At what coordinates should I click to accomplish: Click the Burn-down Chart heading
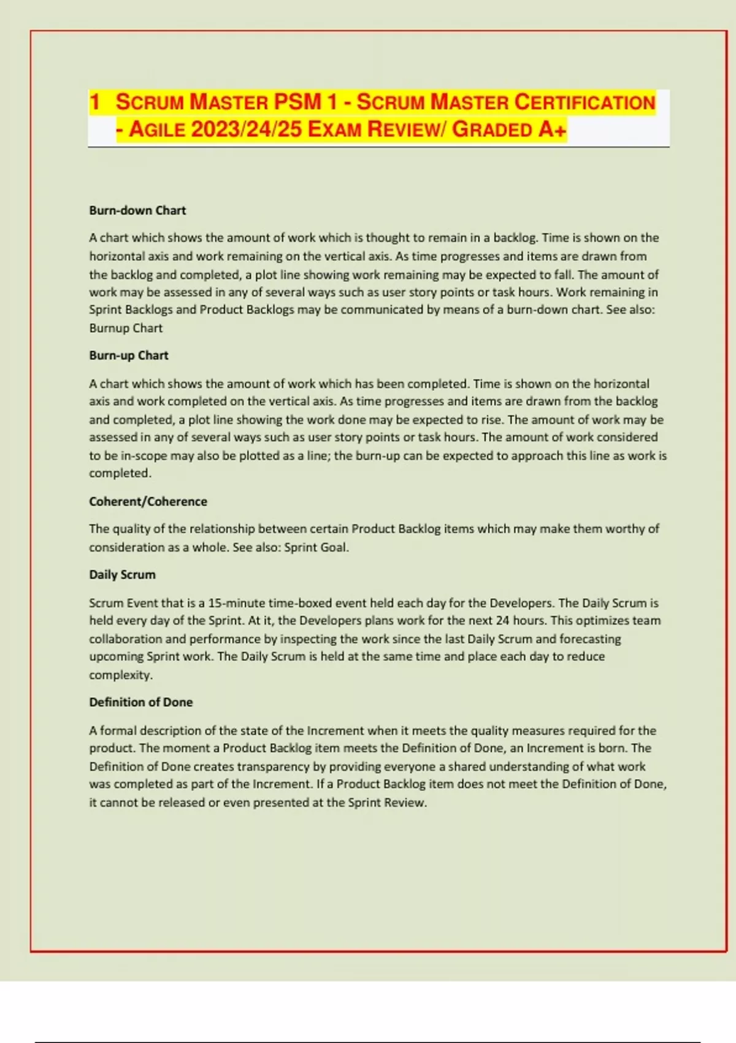137,210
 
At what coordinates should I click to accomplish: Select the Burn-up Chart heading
129,355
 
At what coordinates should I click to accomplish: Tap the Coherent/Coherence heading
148,501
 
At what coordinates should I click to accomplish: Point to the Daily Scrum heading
122,574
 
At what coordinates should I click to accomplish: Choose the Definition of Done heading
141,702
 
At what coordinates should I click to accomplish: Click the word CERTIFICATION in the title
585,102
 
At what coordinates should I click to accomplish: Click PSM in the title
297,102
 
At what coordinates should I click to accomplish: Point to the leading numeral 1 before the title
94,102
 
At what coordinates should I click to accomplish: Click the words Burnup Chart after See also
126,328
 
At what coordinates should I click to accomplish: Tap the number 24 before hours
502,620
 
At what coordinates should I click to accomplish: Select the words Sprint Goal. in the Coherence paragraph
316,547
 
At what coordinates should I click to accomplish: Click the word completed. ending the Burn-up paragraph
120,473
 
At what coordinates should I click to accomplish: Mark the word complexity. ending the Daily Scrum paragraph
121,675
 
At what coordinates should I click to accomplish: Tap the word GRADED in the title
492,129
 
